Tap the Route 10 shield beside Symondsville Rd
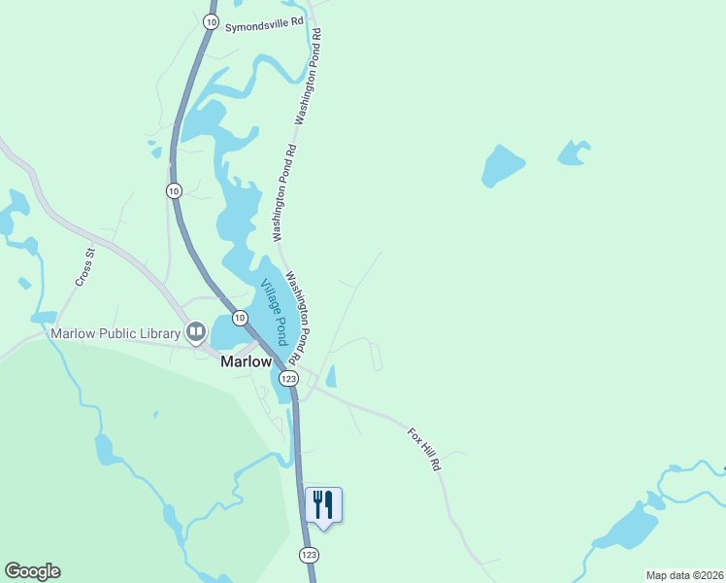point(211,20)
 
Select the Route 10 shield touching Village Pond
point(240,318)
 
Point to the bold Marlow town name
point(247,361)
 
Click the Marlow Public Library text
point(115,333)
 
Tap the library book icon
point(196,333)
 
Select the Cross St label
point(84,267)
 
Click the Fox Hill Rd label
point(424,450)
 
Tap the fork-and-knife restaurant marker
point(323,505)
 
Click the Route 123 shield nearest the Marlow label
point(288,377)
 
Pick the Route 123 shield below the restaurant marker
point(309,554)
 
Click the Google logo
point(32,571)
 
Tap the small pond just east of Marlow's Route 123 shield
point(331,376)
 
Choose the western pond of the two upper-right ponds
point(503,167)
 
